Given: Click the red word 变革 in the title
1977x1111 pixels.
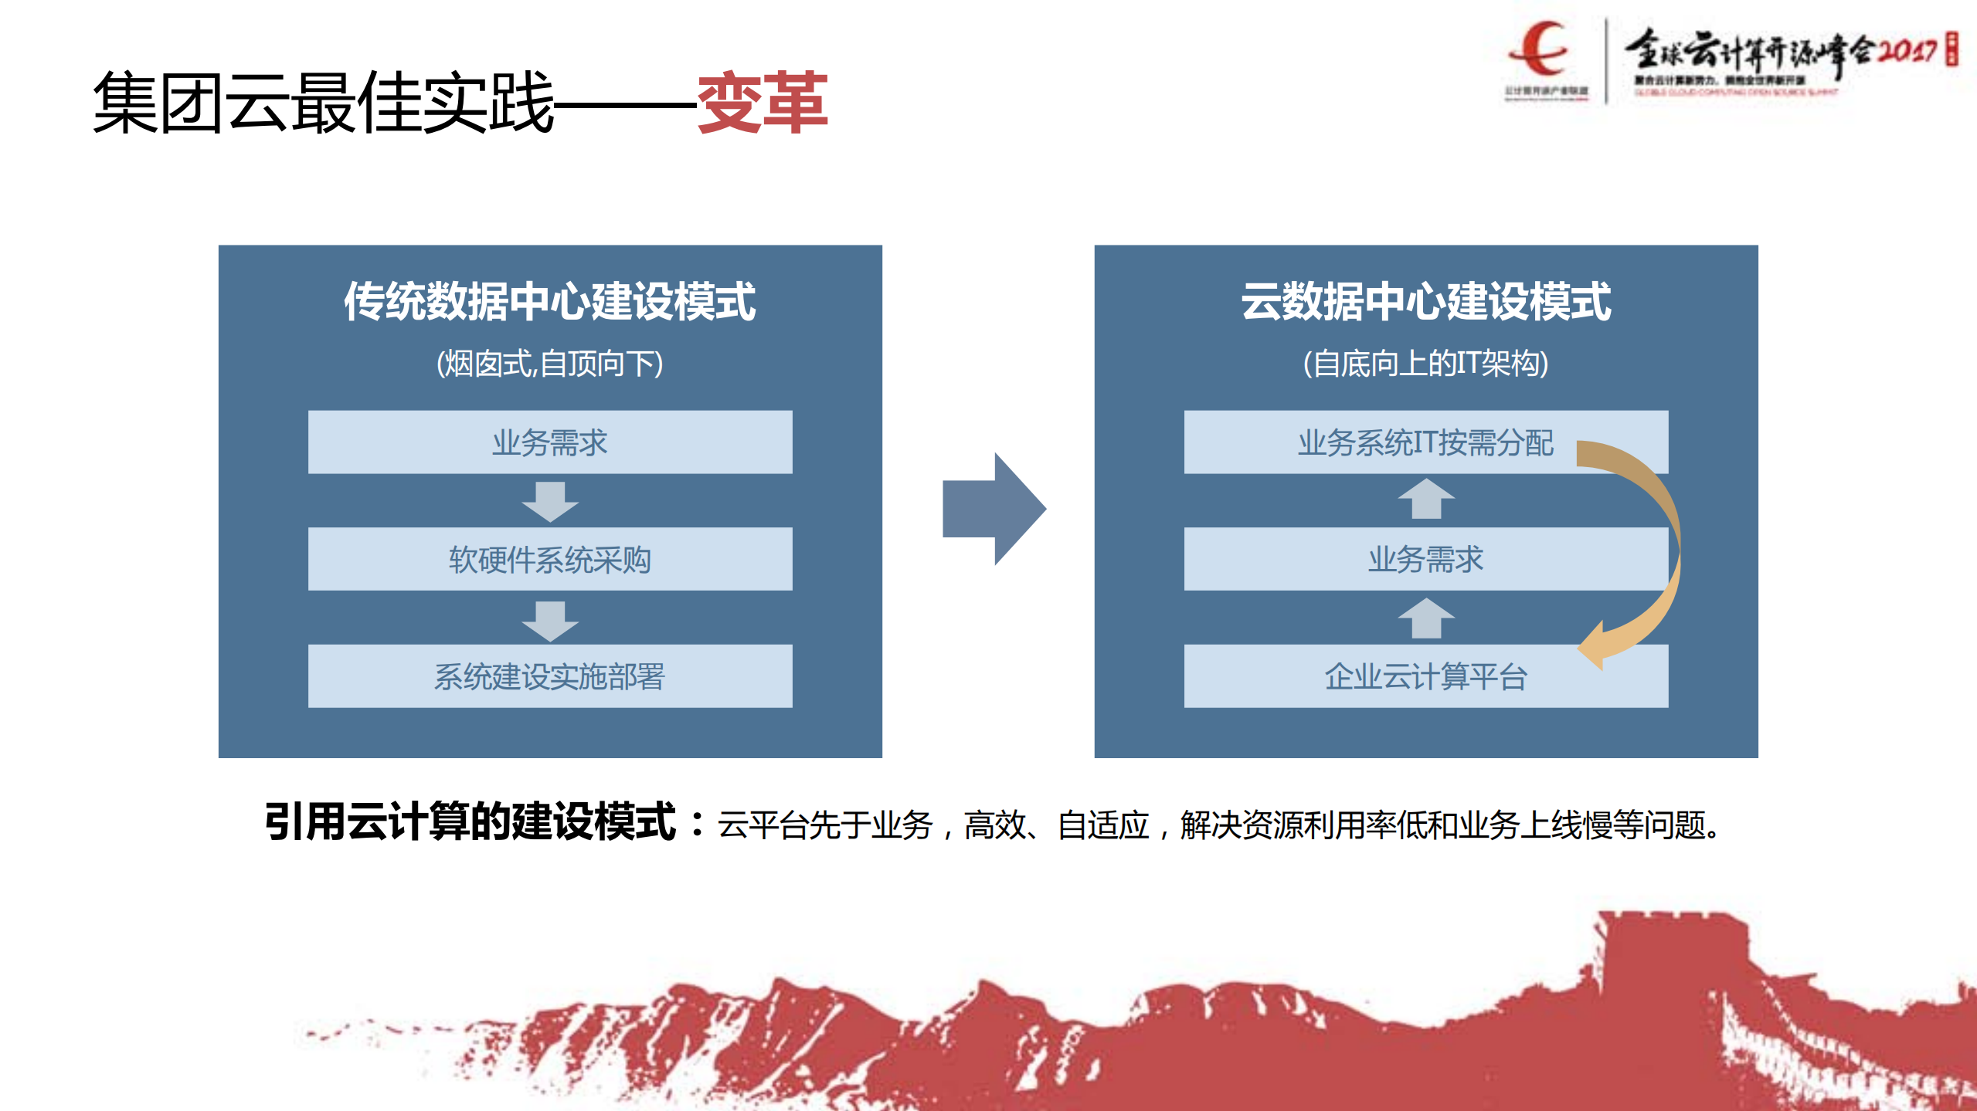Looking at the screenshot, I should click(x=762, y=103).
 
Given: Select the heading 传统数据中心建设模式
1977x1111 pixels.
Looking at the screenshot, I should click(x=549, y=301).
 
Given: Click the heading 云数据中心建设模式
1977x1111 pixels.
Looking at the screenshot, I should click(x=1425, y=301).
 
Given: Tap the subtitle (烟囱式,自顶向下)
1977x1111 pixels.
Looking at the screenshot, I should click(x=549, y=363).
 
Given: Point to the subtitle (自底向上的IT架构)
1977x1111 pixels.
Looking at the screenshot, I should click(x=1425, y=363).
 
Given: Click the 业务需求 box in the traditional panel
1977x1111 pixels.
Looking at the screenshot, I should click(x=549, y=442).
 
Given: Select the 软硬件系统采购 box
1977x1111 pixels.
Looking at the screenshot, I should click(x=549, y=559).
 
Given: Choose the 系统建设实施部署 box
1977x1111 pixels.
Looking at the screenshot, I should click(x=549, y=676).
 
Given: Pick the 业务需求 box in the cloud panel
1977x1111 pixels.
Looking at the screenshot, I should click(x=1425, y=559).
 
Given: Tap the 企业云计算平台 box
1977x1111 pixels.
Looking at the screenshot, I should click(x=1425, y=676).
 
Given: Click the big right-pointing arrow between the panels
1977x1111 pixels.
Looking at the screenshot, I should click(x=994, y=509).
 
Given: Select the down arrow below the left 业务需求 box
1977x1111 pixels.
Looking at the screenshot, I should click(x=549, y=502).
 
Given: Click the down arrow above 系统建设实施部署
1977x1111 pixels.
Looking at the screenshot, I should click(x=549, y=620).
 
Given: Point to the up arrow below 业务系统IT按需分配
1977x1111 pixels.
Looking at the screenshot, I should click(x=1425, y=500).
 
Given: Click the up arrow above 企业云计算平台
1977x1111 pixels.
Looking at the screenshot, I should click(x=1425, y=618).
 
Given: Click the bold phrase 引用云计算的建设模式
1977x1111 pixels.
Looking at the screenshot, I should click(x=470, y=822).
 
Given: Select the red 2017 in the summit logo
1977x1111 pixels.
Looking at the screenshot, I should click(x=1906, y=51).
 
